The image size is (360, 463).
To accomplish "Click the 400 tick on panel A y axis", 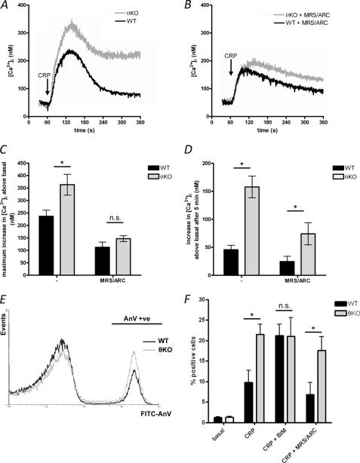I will pos(28,7).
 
